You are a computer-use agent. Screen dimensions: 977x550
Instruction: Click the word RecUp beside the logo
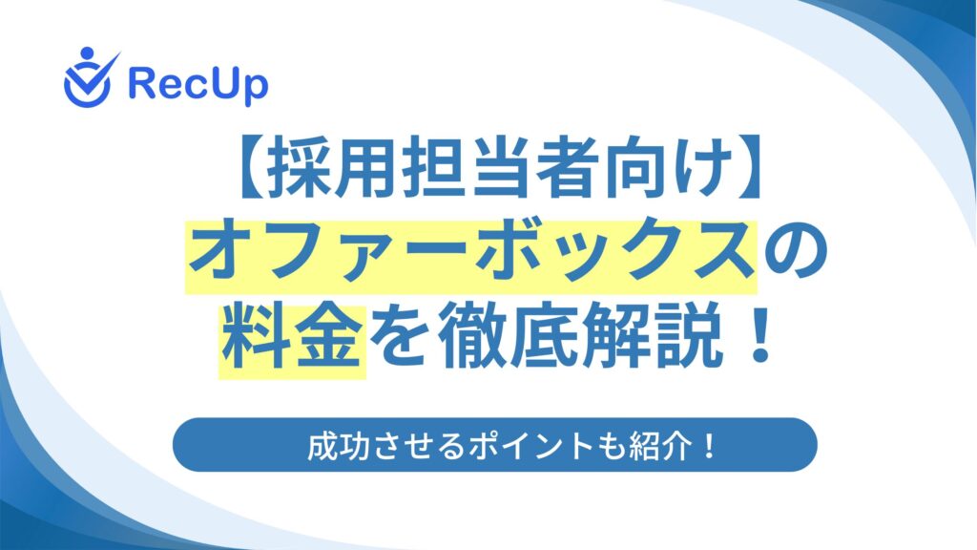point(198,85)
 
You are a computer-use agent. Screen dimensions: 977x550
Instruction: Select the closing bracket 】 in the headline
point(748,166)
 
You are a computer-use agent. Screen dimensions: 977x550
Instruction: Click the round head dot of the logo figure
point(87,53)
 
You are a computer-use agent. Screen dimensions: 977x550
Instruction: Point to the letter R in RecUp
point(141,83)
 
